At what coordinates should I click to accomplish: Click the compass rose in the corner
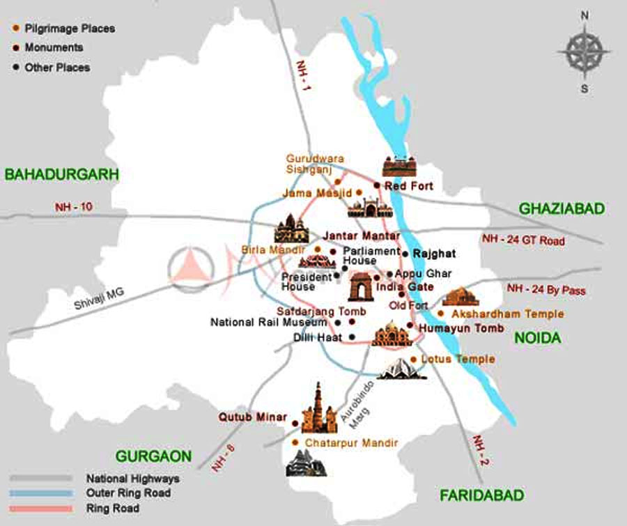coord(585,52)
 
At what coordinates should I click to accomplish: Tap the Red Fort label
coord(408,186)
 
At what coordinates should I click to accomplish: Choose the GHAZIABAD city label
coord(562,209)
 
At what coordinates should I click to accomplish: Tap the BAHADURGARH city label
coord(62,174)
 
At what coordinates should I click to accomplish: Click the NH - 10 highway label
coord(74,207)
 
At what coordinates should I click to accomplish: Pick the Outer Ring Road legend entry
coord(128,493)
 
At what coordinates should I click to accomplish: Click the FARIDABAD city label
coord(481,495)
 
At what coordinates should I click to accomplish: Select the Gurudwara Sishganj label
coord(315,164)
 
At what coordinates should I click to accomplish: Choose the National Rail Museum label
coord(268,323)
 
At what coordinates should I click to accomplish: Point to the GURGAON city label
coord(153,456)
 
